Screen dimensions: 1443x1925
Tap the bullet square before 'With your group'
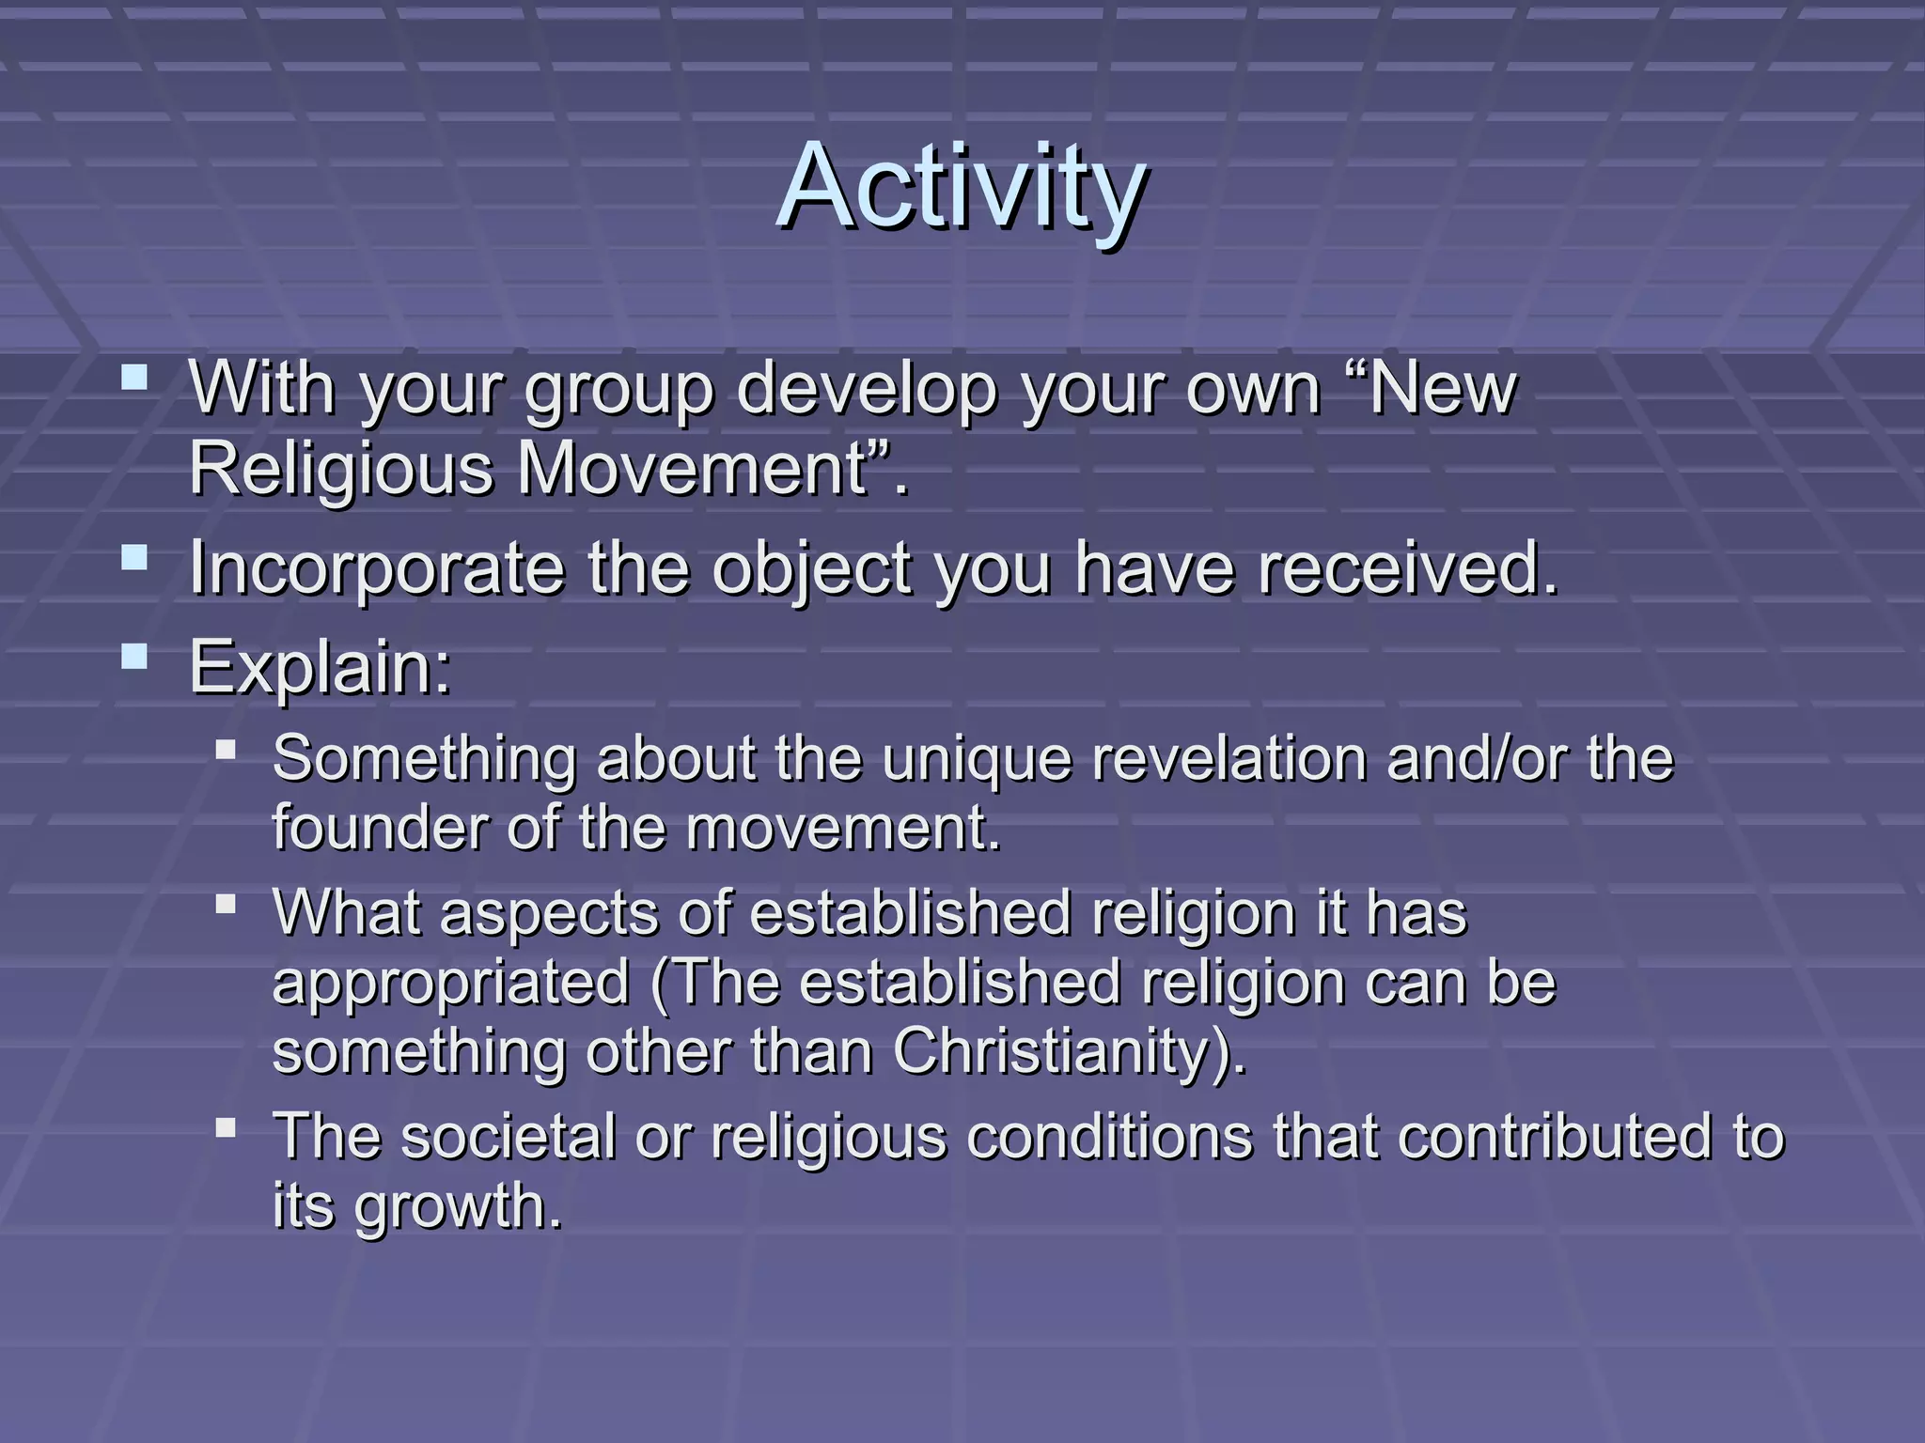click(134, 379)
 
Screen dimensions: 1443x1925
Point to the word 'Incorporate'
click(376, 568)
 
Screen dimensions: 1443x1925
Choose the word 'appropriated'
click(450, 984)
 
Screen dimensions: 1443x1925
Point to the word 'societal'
click(509, 1136)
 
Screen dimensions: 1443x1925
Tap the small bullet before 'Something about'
click(225, 749)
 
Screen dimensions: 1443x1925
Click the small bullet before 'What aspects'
click(225, 904)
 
